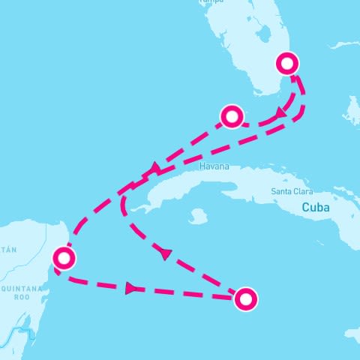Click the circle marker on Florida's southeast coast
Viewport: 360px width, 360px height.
(x=288, y=62)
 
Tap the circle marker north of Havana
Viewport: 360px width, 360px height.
(x=232, y=116)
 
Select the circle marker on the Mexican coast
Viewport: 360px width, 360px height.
(x=64, y=259)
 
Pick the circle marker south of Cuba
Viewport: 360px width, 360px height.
(x=245, y=299)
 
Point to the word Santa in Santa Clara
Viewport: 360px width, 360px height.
(x=281, y=191)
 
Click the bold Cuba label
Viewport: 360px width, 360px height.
(x=315, y=207)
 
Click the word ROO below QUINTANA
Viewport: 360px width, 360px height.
(x=19, y=295)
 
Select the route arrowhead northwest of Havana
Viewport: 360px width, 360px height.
(x=156, y=168)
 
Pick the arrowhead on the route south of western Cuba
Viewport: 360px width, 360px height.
(x=166, y=254)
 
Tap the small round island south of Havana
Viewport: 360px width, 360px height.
(x=197, y=217)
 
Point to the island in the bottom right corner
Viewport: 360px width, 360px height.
(x=352, y=334)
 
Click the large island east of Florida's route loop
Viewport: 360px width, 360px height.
(x=350, y=112)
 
